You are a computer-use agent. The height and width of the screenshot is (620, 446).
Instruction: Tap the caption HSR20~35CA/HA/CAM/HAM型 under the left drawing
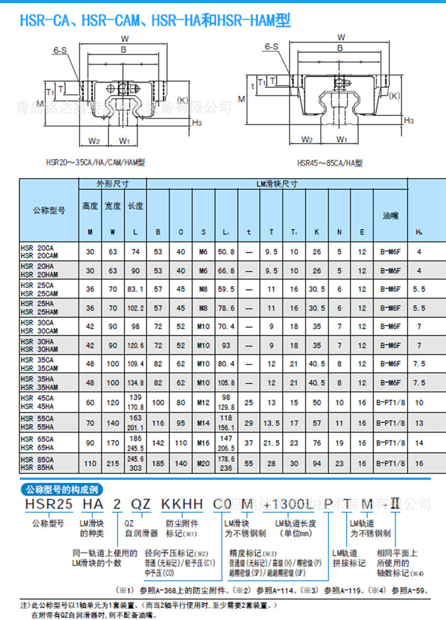coord(95,162)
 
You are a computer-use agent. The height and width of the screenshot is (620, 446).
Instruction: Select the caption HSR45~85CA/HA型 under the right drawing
coord(329,163)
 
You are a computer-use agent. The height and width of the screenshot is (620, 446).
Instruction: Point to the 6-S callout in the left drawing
coord(60,50)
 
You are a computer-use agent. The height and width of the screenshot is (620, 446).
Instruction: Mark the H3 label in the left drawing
coord(197,123)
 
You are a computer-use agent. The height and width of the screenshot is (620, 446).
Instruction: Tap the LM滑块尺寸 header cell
coord(277,184)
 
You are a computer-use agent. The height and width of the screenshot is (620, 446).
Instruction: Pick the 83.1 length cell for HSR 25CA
coord(135,289)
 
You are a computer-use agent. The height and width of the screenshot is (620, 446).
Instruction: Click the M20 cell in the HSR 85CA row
coord(204,463)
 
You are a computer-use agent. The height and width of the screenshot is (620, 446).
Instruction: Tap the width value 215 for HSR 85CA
coord(113,463)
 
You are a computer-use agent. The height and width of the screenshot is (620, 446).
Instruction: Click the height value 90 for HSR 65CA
coord(90,443)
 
